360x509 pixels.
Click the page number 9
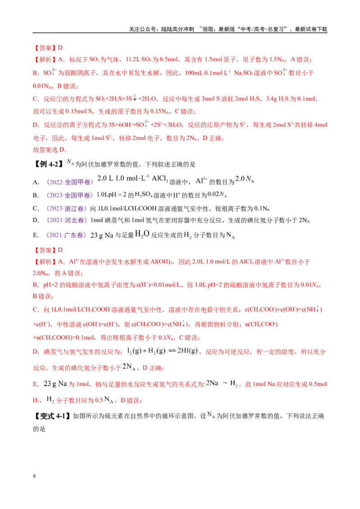pyautogui.click(x=34, y=476)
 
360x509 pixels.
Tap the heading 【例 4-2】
pyautogui.click(x=48, y=164)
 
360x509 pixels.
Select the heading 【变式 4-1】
pyautogui.click(x=52, y=416)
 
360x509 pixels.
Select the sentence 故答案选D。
pyautogui.click(x=50, y=150)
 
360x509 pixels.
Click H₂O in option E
pyautogui.click(x=142, y=234)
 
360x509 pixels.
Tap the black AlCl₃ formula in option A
pyautogui.click(x=160, y=179)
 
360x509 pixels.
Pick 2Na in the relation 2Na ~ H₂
pyautogui.click(x=212, y=383)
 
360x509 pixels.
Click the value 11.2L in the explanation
pyautogui.click(x=133, y=59)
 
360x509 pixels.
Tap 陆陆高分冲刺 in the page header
pyautogui.click(x=178, y=29)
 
